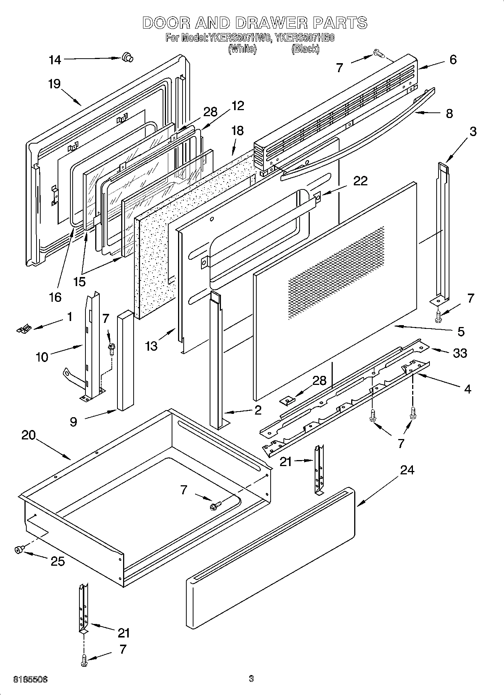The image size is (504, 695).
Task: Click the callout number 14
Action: click(55, 60)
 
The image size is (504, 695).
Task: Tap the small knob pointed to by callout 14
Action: click(127, 58)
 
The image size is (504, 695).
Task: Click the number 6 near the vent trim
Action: click(453, 59)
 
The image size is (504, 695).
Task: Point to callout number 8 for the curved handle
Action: click(449, 113)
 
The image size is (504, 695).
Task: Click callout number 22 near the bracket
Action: click(360, 181)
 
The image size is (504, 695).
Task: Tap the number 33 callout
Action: click(460, 353)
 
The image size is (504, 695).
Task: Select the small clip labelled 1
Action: click(23, 329)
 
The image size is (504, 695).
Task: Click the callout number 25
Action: click(57, 561)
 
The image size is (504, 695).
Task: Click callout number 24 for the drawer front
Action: click(407, 469)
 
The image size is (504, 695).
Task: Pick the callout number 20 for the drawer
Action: click(28, 435)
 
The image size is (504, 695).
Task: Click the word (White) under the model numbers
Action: click(242, 49)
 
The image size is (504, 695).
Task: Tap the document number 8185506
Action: click(30, 679)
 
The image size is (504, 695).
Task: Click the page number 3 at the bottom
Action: click(251, 678)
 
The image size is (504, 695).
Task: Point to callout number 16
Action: click(55, 297)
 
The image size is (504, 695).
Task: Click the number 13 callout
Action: click(151, 346)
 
